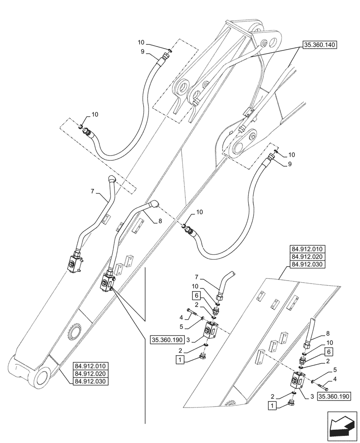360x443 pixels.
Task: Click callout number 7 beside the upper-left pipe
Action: (x=93, y=191)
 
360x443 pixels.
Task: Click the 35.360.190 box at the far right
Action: (x=334, y=396)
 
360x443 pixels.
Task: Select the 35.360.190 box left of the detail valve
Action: (x=166, y=340)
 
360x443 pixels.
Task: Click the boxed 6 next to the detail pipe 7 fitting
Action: (x=196, y=294)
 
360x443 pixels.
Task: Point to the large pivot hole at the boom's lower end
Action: (x=41, y=378)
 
